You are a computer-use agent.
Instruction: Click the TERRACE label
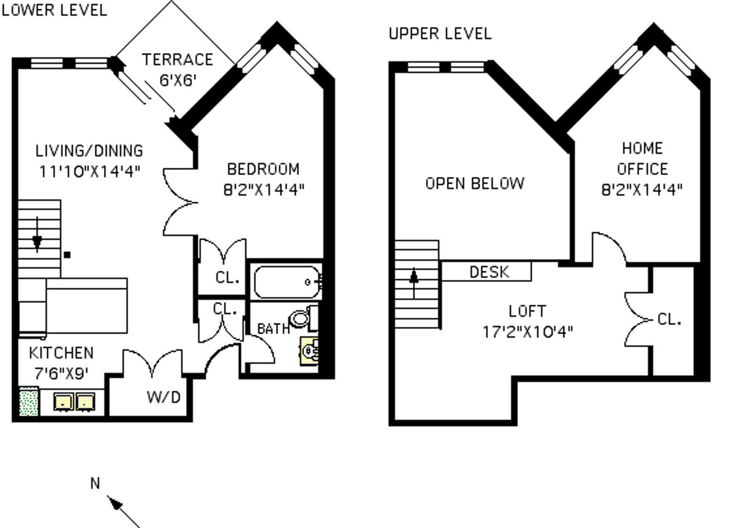coord(177,60)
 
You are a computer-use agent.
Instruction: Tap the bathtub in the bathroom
coord(286,282)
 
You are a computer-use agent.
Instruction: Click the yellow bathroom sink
coord(309,351)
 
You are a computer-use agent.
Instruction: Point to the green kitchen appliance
coord(29,401)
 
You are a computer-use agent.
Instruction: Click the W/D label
coord(163,398)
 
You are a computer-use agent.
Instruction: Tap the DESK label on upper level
coord(489,272)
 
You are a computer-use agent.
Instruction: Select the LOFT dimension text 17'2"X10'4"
coord(528,332)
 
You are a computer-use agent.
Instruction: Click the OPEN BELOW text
coord(474,183)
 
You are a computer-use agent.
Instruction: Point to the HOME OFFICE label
coord(642,159)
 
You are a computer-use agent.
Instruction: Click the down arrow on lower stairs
coord(37,242)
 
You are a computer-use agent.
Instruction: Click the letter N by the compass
coord(95,483)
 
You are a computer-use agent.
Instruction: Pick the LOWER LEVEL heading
coord(54,10)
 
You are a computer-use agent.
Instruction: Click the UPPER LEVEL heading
coord(440,34)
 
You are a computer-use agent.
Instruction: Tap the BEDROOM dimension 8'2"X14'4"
coord(264,190)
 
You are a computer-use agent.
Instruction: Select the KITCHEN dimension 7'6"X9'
coord(61,374)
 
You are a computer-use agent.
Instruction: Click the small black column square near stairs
coord(67,255)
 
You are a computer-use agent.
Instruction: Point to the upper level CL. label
coord(669,320)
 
